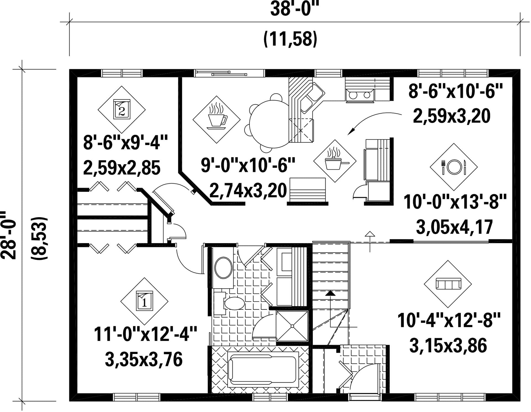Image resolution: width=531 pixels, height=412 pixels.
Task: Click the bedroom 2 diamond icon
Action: (122, 109)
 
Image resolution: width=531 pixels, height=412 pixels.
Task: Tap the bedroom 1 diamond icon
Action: (144, 301)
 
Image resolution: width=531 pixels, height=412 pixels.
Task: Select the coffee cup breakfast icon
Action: (217, 119)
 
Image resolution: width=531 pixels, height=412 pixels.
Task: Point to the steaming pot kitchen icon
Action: (335, 161)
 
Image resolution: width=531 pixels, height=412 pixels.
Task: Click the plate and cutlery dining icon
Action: (454, 167)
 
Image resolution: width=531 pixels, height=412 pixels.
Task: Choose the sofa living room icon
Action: (448, 284)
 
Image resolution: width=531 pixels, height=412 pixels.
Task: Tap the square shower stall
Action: (292, 326)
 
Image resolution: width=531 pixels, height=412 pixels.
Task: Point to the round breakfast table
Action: (269, 124)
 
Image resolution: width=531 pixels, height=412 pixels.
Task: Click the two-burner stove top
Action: (360, 95)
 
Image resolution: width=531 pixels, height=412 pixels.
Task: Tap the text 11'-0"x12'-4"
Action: (145, 334)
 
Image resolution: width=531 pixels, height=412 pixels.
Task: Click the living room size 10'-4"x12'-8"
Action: (449, 321)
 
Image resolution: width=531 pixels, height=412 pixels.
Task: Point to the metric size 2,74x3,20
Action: (248, 190)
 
